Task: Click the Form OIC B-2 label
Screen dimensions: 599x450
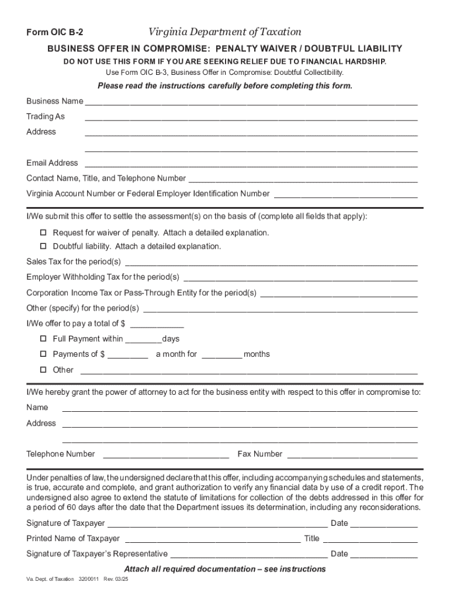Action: [50, 33]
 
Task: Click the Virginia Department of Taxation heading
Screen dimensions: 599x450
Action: [224, 32]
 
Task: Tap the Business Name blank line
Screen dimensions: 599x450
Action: [251, 103]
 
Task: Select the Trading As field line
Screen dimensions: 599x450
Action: [251, 118]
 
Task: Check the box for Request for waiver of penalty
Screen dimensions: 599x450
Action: [43, 233]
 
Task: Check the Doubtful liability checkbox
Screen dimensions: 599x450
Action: [43, 246]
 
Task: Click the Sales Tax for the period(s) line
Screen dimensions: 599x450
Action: [271, 263]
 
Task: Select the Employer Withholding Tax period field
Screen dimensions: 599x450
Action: [300, 278]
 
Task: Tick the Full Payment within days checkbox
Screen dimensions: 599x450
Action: [43, 339]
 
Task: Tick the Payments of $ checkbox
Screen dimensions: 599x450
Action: [43, 354]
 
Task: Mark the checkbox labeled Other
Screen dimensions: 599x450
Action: [43, 370]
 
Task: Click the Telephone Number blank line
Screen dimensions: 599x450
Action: [166, 456]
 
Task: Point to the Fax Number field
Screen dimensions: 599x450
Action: [352, 456]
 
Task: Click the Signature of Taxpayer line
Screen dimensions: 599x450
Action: [216, 525]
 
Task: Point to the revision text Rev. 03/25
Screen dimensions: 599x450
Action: [115, 579]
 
